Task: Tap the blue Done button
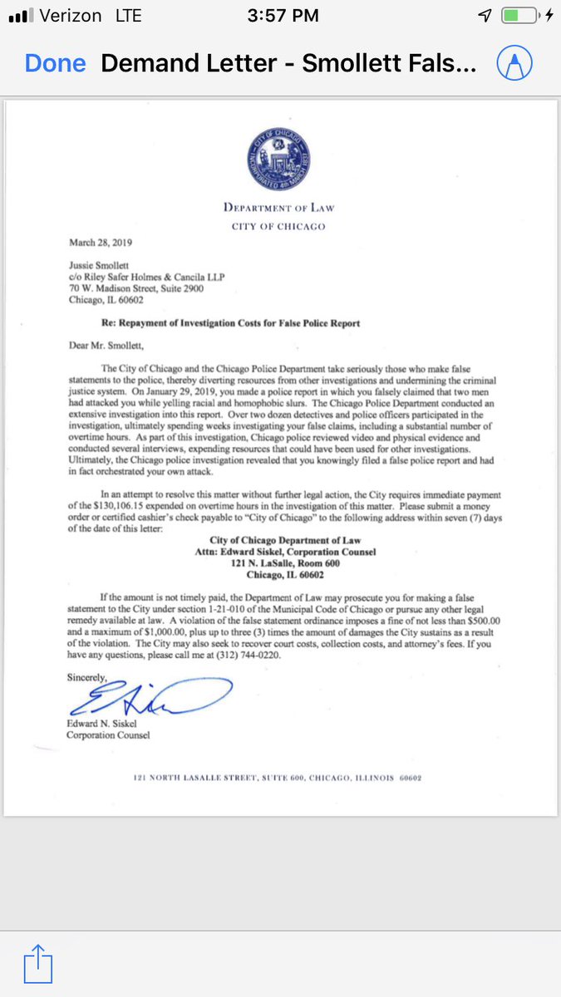(x=55, y=64)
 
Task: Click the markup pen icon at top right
(x=514, y=64)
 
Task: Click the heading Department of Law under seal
(x=279, y=208)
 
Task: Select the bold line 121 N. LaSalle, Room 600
(x=278, y=562)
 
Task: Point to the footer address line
(x=278, y=778)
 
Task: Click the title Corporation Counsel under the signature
(x=109, y=735)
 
